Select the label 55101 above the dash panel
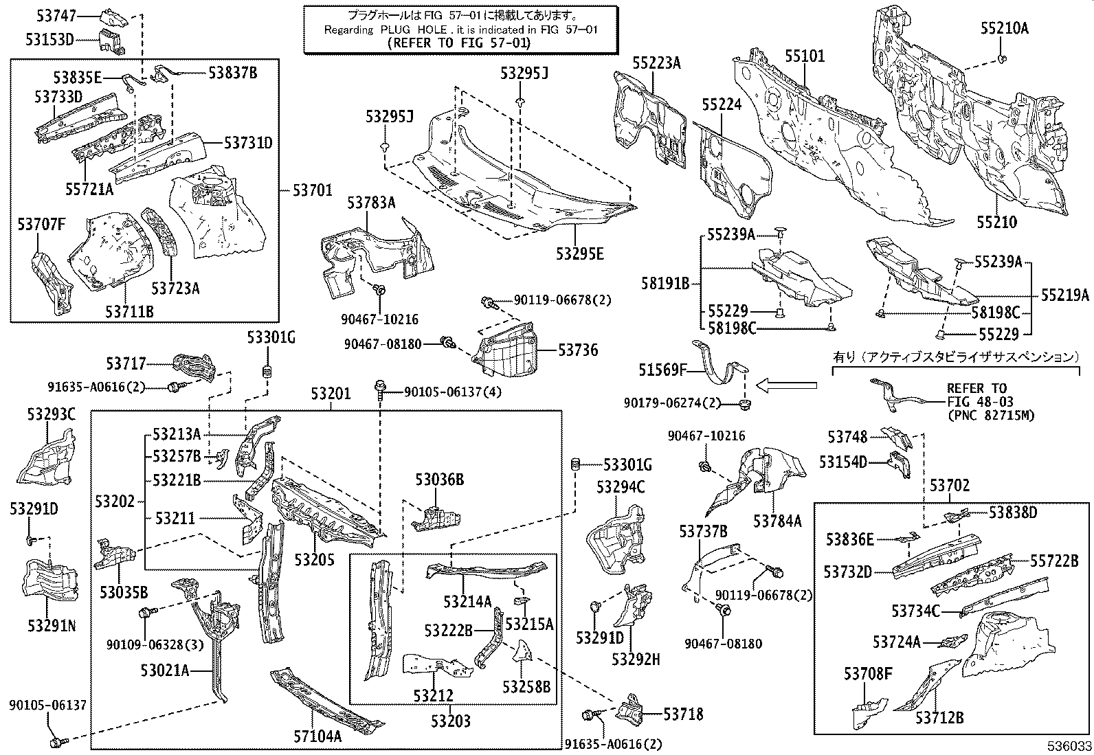pyautogui.click(x=805, y=56)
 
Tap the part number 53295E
pyautogui.click(x=580, y=253)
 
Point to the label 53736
pyautogui.click(x=577, y=350)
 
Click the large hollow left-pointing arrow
pyautogui.click(x=786, y=386)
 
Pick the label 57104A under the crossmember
pyautogui.click(x=317, y=737)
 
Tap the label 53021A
pyautogui.click(x=164, y=671)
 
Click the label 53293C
pyautogui.click(x=52, y=414)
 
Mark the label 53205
pyautogui.click(x=314, y=560)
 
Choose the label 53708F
pyautogui.click(x=868, y=675)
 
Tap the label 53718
pyautogui.click(x=683, y=714)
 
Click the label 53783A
pyautogui.click(x=371, y=202)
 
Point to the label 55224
pyautogui.click(x=722, y=104)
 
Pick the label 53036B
pyautogui.click(x=439, y=480)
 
